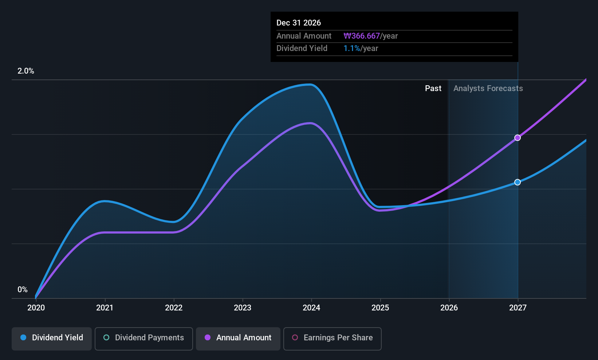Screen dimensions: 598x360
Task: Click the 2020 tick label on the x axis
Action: (x=36, y=308)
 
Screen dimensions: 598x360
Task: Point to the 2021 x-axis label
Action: (x=105, y=308)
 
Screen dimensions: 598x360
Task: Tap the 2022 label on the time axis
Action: (x=174, y=308)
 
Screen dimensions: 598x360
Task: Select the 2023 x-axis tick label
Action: (x=243, y=308)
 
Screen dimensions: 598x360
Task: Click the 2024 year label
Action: (x=311, y=308)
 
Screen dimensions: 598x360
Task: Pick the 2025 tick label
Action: (x=380, y=308)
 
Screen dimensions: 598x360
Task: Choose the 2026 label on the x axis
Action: (x=449, y=308)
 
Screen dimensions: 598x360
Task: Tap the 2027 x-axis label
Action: (x=518, y=308)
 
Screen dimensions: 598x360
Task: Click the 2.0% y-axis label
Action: (x=25, y=71)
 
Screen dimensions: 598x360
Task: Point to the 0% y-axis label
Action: (x=23, y=290)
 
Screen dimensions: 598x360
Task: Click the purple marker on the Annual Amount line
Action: (x=518, y=138)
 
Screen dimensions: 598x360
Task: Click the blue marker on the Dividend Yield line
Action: (x=518, y=182)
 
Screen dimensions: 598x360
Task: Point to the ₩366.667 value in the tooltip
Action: (x=362, y=36)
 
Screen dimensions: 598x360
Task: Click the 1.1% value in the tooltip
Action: (x=351, y=48)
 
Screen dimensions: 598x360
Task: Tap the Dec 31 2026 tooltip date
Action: (x=299, y=23)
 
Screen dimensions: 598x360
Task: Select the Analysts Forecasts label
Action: (x=488, y=89)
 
